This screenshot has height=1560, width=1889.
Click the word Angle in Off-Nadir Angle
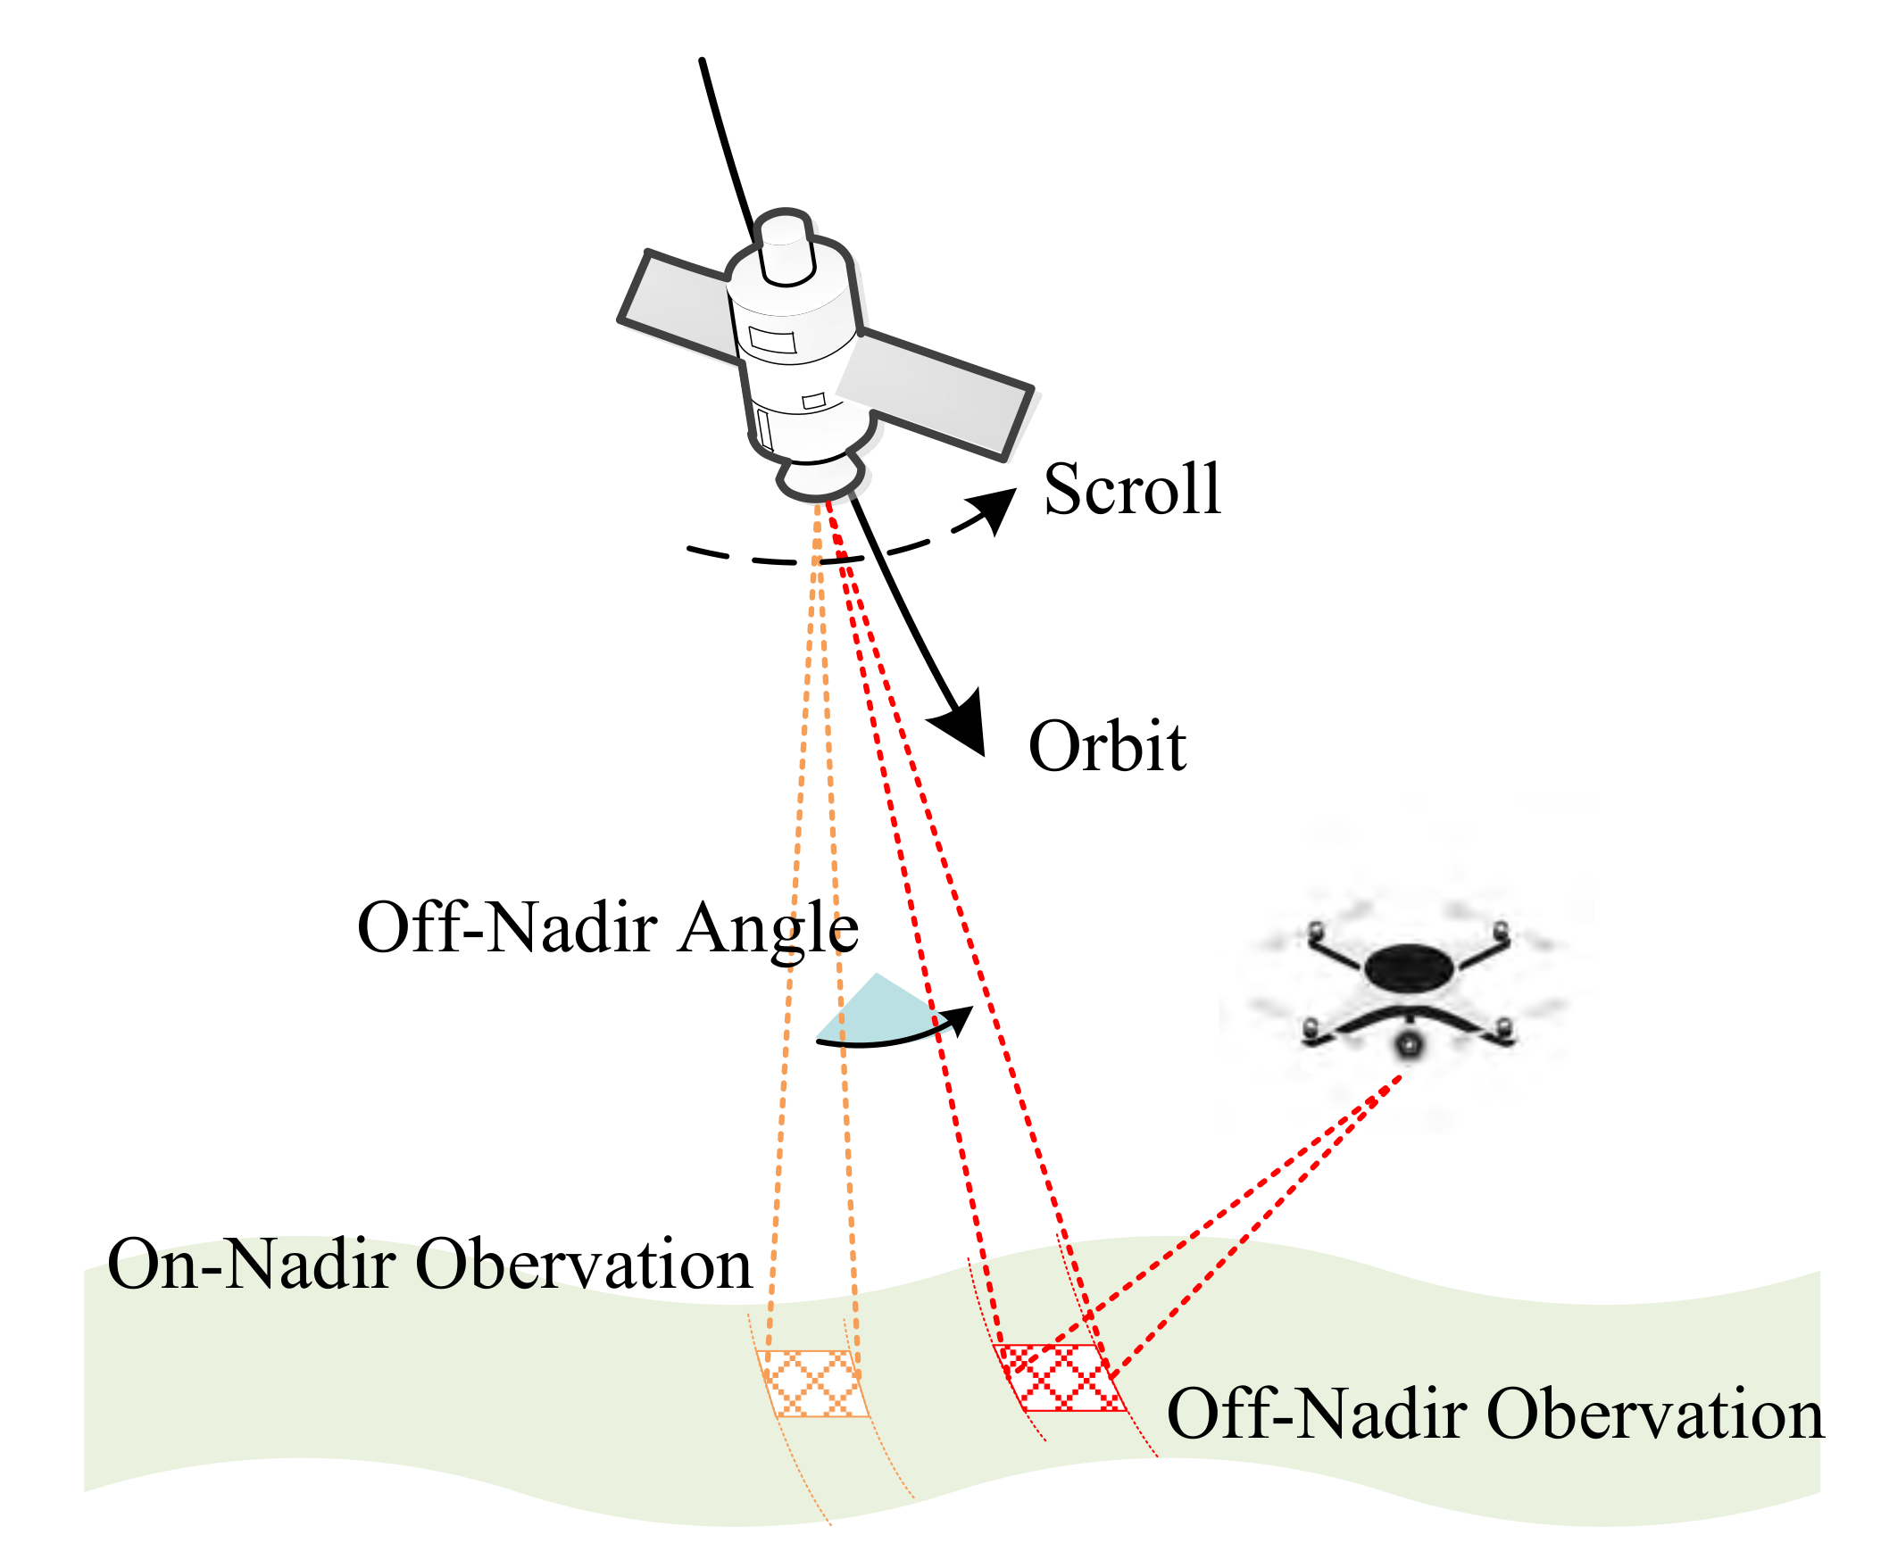tap(769, 930)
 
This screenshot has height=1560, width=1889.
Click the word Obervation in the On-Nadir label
tap(583, 1265)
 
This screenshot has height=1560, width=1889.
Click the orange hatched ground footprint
tap(811, 1383)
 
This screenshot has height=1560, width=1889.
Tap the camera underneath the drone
tap(1408, 1044)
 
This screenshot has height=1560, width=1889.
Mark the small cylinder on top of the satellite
tap(786, 247)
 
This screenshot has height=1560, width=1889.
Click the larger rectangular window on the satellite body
tap(773, 341)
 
